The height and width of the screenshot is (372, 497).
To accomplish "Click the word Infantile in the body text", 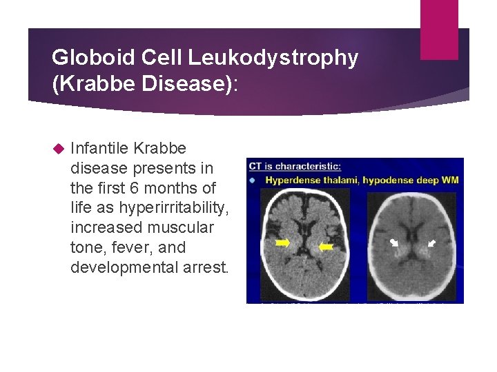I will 99,148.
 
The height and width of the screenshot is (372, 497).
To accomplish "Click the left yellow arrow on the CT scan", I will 282,243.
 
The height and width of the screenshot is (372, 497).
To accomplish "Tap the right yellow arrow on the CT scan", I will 325,246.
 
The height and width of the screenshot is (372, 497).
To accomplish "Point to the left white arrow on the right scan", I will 393,242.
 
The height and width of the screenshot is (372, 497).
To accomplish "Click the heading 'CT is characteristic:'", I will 285,166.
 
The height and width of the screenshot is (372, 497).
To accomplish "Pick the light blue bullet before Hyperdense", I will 253,180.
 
